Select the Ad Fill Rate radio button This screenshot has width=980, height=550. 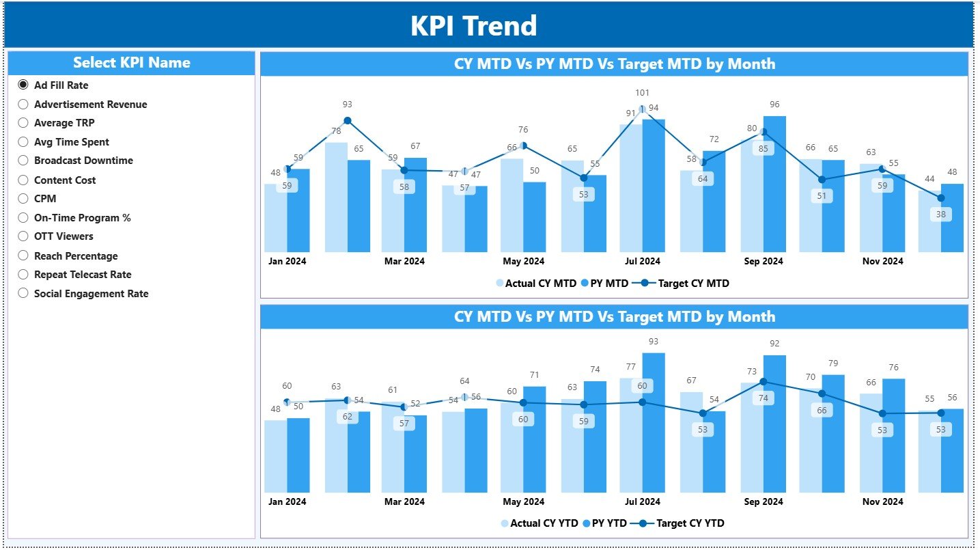[x=23, y=85]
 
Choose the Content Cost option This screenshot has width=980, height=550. [x=23, y=180]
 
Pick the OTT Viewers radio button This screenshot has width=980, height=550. [x=23, y=236]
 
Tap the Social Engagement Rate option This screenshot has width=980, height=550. [x=23, y=294]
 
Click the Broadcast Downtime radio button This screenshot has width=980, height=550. [x=23, y=161]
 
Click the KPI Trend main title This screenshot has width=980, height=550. [x=473, y=26]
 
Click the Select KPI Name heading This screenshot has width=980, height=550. [x=131, y=63]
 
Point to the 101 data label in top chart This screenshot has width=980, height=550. [x=642, y=93]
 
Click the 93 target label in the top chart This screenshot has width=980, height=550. [x=347, y=105]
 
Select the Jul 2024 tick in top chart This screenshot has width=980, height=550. [x=642, y=261]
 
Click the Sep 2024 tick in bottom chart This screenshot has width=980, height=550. [x=763, y=501]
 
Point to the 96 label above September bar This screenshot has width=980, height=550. [x=774, y=105]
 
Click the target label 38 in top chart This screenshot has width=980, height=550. [x=941, y=214]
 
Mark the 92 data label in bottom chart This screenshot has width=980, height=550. [x=774, y=344]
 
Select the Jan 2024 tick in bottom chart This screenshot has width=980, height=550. [x=287, y=501]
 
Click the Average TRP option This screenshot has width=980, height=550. [x=23, y=123]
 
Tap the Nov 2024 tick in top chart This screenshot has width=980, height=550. [x=882, y=261]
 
